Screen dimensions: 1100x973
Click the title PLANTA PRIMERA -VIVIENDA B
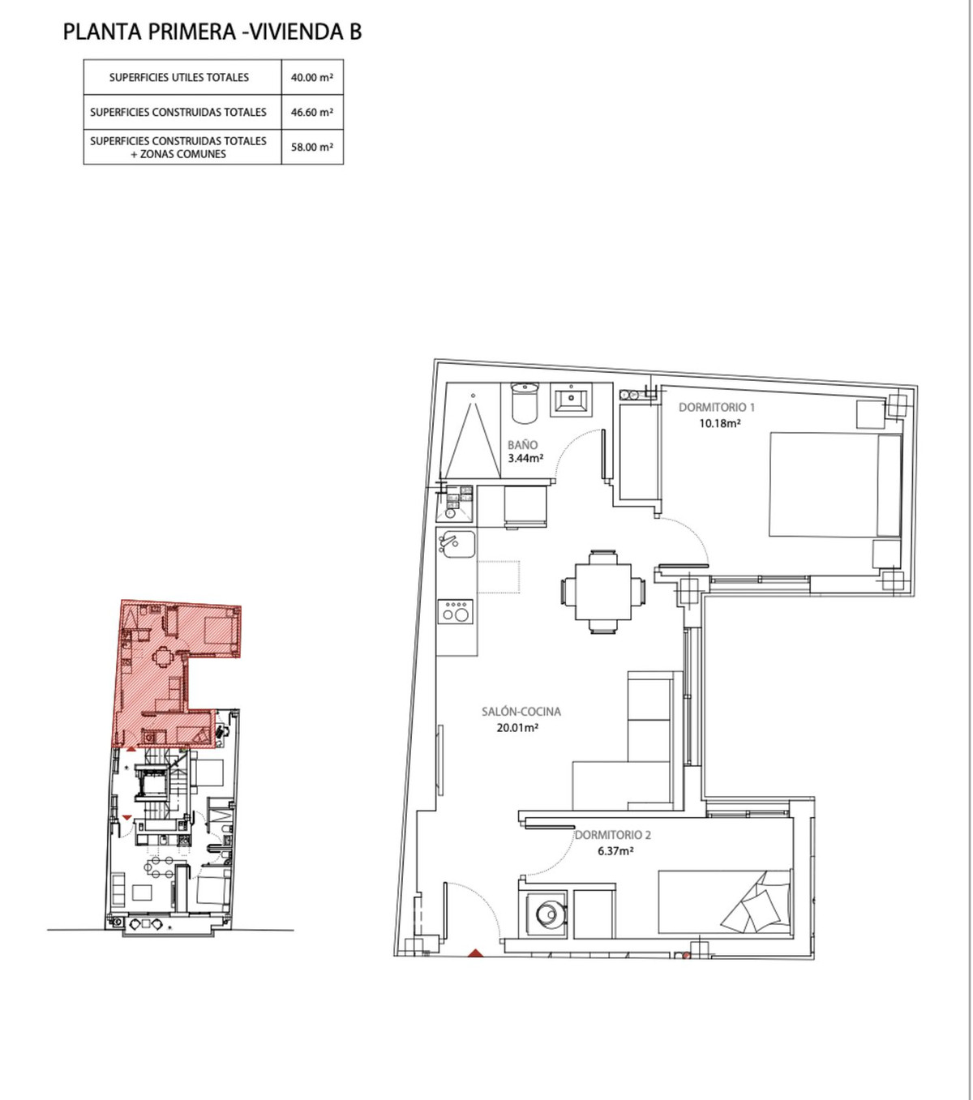click(x=212, y=32)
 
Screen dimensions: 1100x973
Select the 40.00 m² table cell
click(x=312, y=78)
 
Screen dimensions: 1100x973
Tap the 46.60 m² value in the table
click(x=312, y=113)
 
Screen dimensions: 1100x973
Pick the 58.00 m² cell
click(x=312, y=148)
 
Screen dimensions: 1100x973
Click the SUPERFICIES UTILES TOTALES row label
click(x=179, y=78)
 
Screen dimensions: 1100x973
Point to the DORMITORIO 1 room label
click(x=717, y=408)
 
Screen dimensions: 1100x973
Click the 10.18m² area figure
click(x=720, y=423)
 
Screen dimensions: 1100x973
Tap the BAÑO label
click(x=522, y=444)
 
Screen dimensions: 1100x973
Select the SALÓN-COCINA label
click(x=521, y=712)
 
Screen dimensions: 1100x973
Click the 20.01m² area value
click(x=518, y=727)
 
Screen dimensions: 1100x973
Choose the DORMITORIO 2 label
click(x=613, y=835)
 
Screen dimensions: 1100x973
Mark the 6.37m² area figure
click(x=615, y=851)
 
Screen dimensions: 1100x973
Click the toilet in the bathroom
click(x=524, y=403)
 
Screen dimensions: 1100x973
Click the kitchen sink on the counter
click(x=455, y=545)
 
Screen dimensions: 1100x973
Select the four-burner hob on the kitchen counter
click(x=455, y=611)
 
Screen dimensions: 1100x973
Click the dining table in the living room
click(x=603, y=592)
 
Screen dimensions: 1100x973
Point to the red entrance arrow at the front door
click(x=476, y=953)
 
